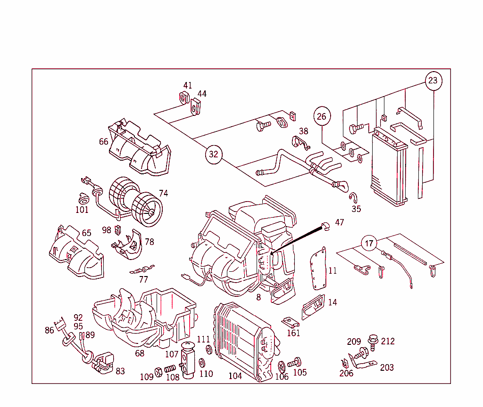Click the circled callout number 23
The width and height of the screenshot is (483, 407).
tap(433, 81)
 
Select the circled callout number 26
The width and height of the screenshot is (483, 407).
tap(321, 116)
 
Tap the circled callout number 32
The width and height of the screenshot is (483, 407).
tap(214, 154)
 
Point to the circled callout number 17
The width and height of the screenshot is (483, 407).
tap(369, 244)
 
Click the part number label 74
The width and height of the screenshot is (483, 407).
tap(163, 193)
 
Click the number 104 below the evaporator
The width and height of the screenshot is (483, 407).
tap(235, 376)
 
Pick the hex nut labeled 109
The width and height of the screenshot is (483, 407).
tap(158, 371)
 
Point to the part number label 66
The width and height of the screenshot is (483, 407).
tap(103, 142)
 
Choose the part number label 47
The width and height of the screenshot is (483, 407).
tap(340, 222)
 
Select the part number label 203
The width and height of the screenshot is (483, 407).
tap(387, 367)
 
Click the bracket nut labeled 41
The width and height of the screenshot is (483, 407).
tap(184, 98)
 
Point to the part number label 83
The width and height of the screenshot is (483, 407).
tap(120, 371)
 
